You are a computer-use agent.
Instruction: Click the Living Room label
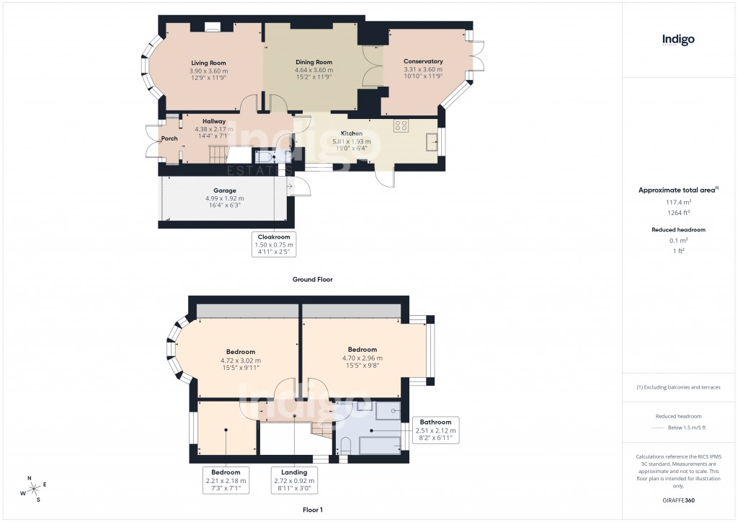[x=208, y=63]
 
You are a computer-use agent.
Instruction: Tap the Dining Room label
[x=314, y=62]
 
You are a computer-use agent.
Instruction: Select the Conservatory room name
[x=423, y=62]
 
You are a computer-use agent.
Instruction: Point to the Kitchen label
[x=352, y=134]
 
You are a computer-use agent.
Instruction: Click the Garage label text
[x=224, y=191]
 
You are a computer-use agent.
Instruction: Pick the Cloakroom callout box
[x=274, y=244]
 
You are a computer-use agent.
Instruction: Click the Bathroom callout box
[x=436, y=430]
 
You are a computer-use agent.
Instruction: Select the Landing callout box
[x=294, y=479]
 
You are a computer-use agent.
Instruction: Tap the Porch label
[x=169, y=138]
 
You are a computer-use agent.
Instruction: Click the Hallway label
[x=214, y=121]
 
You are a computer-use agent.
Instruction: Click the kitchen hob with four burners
[x=401, y=125]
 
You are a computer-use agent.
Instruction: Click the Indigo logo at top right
[x=678, y=40]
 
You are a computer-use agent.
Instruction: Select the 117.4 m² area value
[x=678, y=203]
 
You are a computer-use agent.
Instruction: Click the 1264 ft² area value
[x=678, y=213]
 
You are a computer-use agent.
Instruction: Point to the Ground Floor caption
[x=312, y=279]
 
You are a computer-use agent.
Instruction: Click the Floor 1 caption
[x=312, y=509]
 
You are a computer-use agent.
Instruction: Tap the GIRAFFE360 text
[x=678, y=500]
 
